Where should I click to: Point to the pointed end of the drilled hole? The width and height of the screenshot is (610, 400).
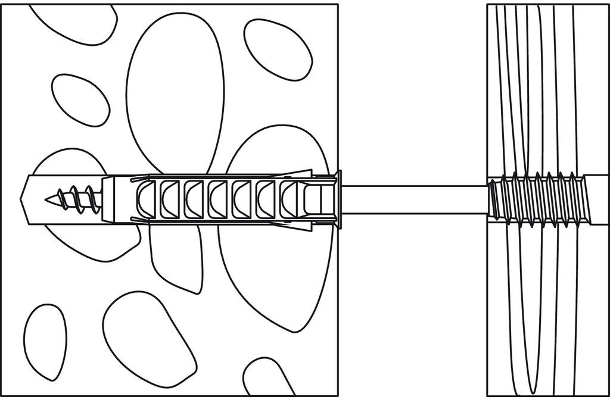(x=25, y=198)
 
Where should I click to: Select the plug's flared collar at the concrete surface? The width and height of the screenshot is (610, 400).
(x=338, y=198)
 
